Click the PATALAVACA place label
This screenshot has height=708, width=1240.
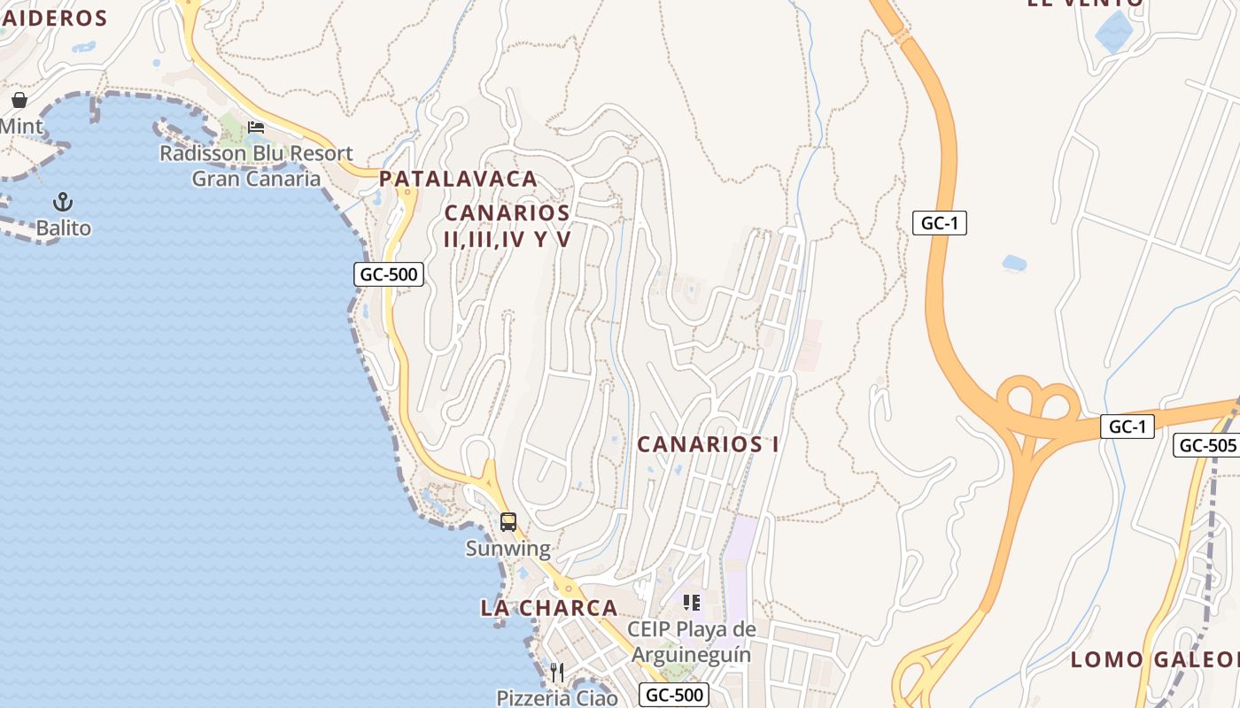[x=458, y=179]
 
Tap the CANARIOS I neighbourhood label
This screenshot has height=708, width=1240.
[x=708, y=444]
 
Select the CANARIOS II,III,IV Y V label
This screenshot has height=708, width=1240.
[x=508, y=226]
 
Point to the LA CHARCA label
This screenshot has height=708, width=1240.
[x=549, y=608]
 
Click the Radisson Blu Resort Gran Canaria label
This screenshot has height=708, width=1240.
[x=256, y=165]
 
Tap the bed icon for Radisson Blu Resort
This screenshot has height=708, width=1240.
[x=256, y=127]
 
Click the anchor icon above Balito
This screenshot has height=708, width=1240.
[x=63, y=202]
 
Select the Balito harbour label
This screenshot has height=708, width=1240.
[x=63, y=228]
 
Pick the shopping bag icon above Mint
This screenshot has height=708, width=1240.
[x=19, y=100]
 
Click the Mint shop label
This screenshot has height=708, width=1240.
[x=20, y=127]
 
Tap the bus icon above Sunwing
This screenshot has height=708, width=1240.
[x=508, y=522]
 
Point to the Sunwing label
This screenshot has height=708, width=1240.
[x=508, y=549]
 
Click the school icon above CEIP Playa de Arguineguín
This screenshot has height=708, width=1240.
[x=692, y=603]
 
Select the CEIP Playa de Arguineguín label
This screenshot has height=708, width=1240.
[x=692, y=643]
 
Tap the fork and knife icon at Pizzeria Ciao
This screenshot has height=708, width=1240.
[x=557, y=673]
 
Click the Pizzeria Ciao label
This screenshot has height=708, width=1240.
[x=557, y=697]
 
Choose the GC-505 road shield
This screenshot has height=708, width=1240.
[x=1207, y=445]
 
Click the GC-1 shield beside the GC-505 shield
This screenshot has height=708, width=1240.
[x=1128, y=427]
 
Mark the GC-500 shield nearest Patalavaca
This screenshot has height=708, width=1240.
[x=389, y=274]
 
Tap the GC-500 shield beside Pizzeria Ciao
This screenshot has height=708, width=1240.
[x=675, y=695]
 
